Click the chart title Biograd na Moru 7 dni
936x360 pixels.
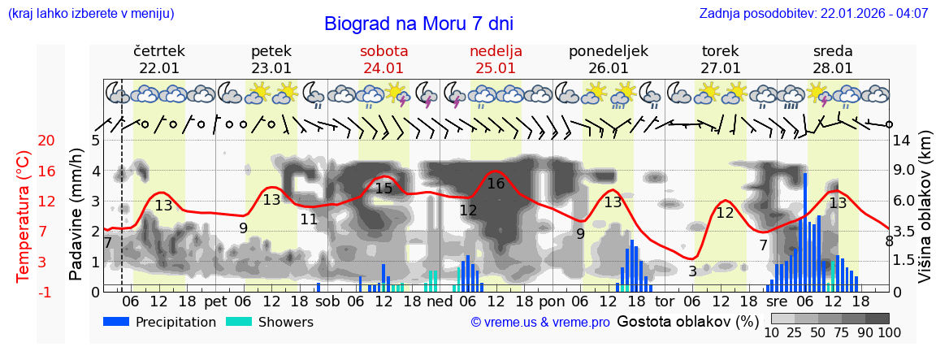click(x=418, y=24)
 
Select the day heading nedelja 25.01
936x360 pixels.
click(x=496, y=59)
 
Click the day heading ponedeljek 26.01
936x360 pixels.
click(x=608, y=59)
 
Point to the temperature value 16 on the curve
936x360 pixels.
click(x=496, y=184)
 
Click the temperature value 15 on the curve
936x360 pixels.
click(x=383, y=189)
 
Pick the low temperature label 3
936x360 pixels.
click(x=692, y=271)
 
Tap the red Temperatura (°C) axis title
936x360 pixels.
click(x=24, y=215)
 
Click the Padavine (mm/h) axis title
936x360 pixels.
click(x=76, y=215)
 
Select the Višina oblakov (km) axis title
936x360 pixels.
click(x=925, y=215)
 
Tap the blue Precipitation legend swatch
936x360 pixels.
click(x=116, y=322)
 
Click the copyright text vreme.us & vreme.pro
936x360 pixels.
click(x=540, y=323)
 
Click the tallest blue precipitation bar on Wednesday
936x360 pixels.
click(x=805, y=232)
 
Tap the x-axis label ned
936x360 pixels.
click(x=440, y=301)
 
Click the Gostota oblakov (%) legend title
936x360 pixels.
click(x=687, y=321)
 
